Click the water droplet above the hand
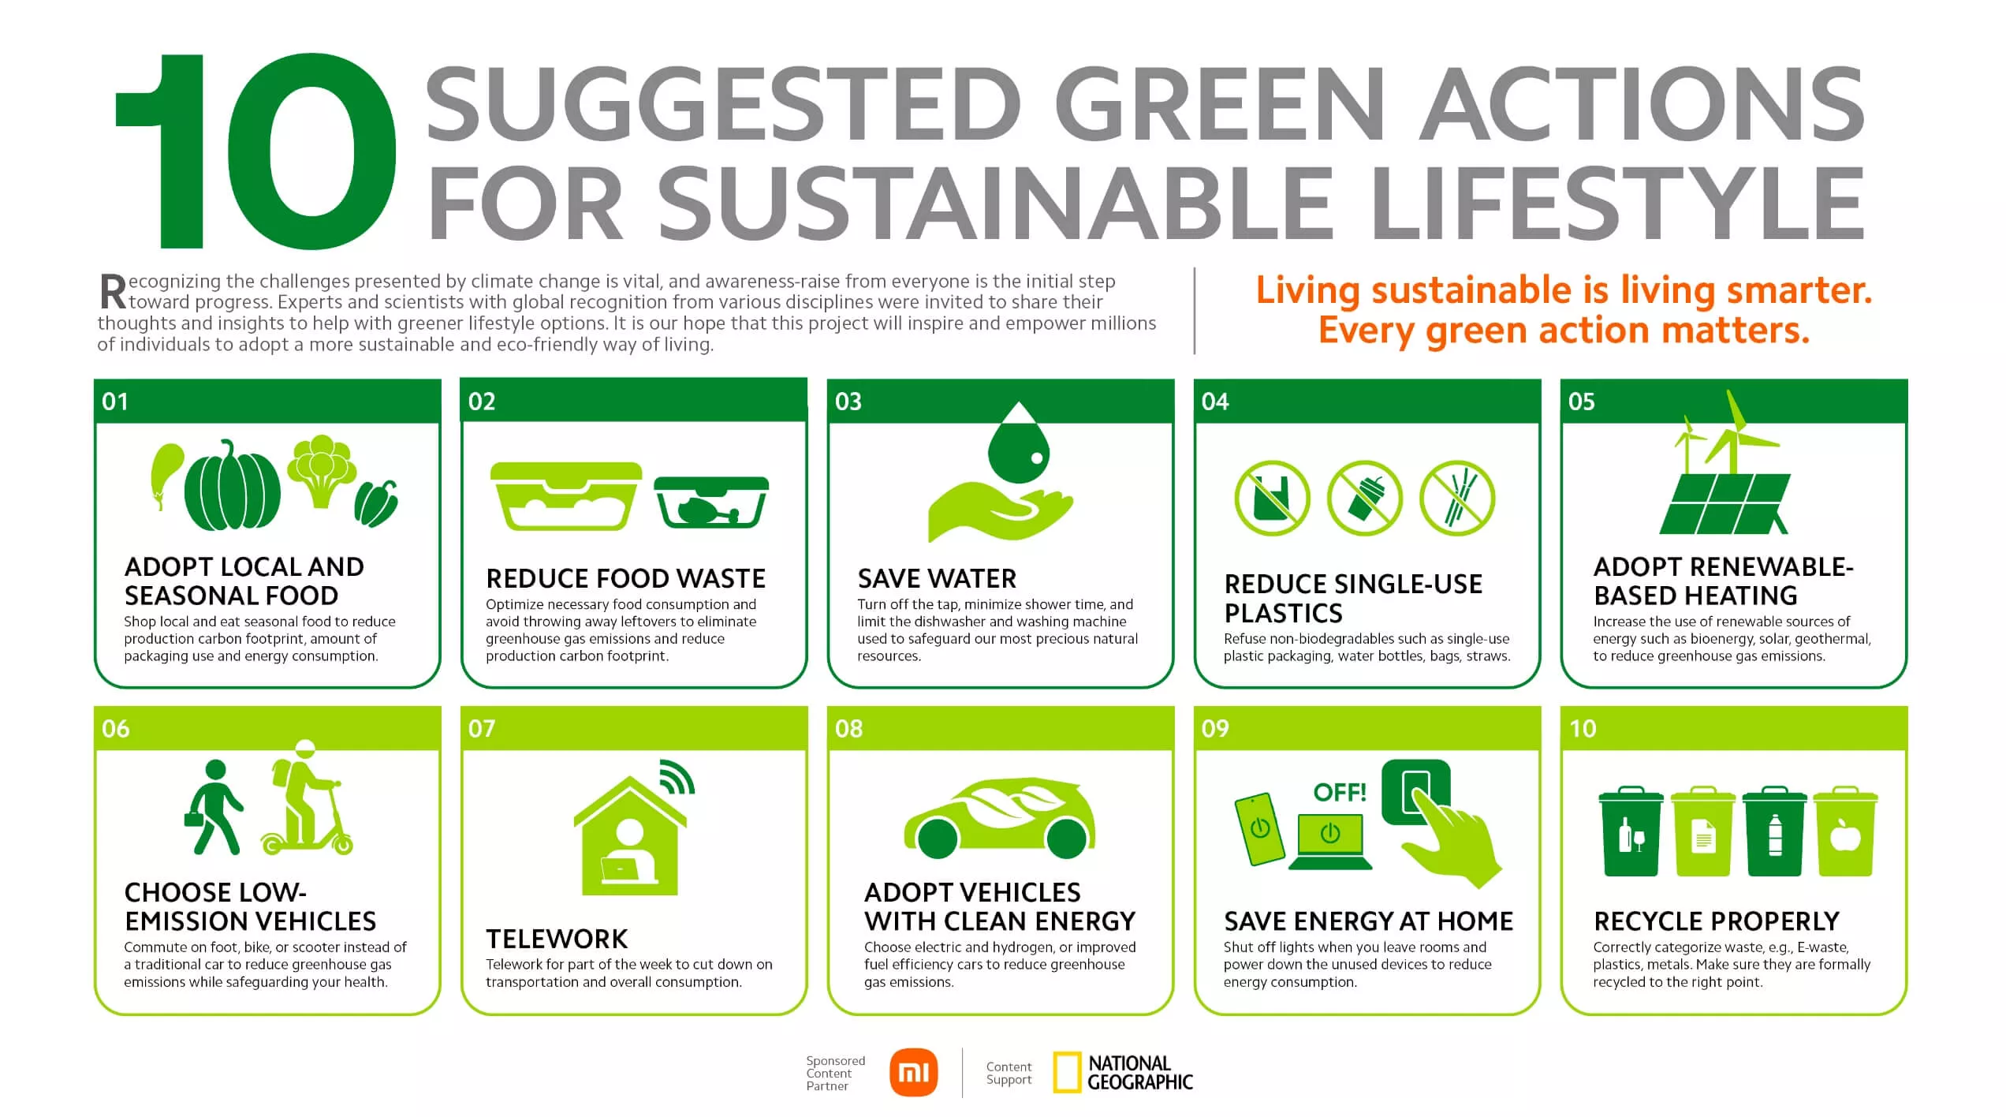tap(1019, 443)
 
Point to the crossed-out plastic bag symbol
tap(1272, 499)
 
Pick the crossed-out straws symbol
tap(1457, 499)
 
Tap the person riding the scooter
tap(308, 798)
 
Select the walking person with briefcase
tap(214, 808)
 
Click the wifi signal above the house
tap(677, 776)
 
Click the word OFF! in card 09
tap(1340, 792)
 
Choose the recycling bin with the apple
tap(1845, 831)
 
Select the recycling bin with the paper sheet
tap(1703, 831)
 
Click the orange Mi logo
tap(913, 1073)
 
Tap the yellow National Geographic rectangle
tap(1067, 1073)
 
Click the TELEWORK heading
tap(557, 939)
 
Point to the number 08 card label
tap(848, 728)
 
